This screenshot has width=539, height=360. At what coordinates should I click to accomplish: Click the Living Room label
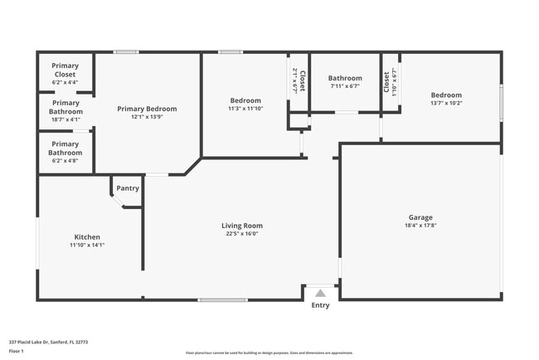(x=242, y=226)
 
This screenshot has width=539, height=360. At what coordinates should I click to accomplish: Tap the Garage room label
(x=420, y=217)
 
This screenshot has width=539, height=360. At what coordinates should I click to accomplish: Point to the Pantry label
(x=128, y=188)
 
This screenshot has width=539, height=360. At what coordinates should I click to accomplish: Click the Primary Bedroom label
(x=147, y=109)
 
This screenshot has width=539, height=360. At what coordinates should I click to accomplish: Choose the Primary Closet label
(x=65, y=70)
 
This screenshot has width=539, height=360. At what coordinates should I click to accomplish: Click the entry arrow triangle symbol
(x=320, y=293)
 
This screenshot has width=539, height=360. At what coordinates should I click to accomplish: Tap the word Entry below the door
(x=320, y=305)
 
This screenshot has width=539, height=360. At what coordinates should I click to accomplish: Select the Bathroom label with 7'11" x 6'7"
(x=345, y=79)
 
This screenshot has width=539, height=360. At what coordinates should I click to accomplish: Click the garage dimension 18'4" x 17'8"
(x=420, y=226)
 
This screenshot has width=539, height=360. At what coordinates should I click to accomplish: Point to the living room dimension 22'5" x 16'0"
(x=242, y=234)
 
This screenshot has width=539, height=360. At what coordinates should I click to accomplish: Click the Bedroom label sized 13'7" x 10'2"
(x=446, y=95)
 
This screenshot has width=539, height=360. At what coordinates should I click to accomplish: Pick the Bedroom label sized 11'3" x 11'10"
(x=245, y=100)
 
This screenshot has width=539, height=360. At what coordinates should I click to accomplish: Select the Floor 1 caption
(x=17, y=351)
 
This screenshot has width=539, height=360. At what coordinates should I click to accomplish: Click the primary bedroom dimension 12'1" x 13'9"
(x=147, y=117)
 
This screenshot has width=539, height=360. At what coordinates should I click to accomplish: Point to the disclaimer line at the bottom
(x=269, y=353)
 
